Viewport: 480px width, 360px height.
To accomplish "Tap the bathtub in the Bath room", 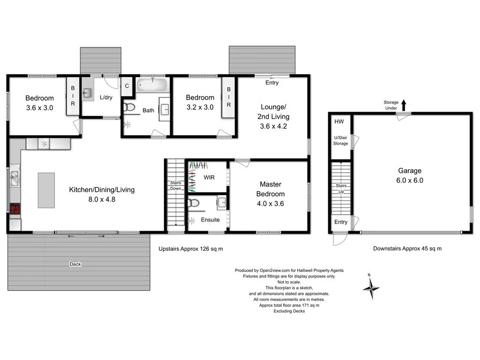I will (x=151, y=86).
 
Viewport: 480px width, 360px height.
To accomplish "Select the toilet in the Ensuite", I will (x=194, y=203).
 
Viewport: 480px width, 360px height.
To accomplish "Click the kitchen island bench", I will (x=46, y=190).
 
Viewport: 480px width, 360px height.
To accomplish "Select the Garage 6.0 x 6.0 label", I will (x=410, y=175).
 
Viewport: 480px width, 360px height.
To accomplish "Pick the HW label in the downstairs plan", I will (x=339, y=122).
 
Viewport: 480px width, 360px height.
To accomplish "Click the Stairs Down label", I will (x=176, y=186).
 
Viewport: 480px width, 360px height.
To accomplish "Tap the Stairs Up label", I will (x=341, y=189).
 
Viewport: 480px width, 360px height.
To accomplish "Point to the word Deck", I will (x=75, y=264).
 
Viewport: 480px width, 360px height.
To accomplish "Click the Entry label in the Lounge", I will (x=272, y=83).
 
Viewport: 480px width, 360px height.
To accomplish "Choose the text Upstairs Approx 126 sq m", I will (x=190, y=249).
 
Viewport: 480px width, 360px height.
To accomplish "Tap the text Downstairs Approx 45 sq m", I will (x=407, y=249).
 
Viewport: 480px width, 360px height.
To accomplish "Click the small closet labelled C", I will (x=127, y=86).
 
